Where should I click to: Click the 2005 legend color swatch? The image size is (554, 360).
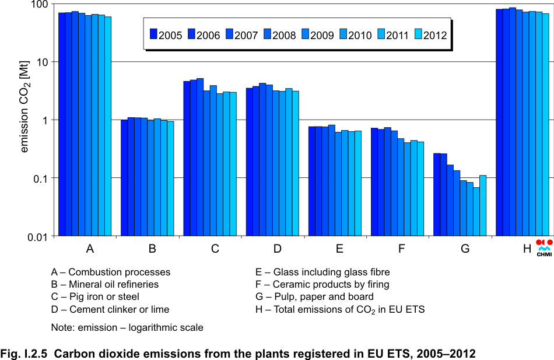tap(154, 35)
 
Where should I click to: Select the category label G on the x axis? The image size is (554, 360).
tap(465, 249)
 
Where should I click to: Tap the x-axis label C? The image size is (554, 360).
tap(215, 249)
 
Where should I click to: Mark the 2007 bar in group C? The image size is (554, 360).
tap(200, 157)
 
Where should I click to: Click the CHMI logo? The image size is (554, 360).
tap(544, 248)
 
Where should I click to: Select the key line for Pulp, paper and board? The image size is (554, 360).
tap(315, 297)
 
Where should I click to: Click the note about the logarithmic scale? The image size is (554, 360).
tap(127, 327)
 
